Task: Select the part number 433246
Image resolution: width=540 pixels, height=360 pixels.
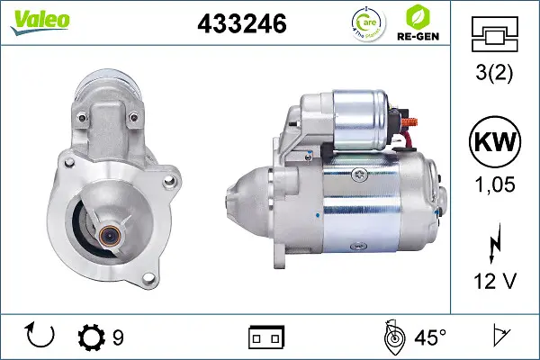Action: click(x=241, y=25)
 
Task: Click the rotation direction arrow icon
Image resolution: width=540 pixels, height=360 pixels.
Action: click(x=40, y=337)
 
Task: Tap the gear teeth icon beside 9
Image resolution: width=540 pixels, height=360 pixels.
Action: click(x=91, y=337)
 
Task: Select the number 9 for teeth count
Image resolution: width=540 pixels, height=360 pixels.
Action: click(x=118, y=337)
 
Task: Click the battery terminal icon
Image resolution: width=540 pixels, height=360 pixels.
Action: click(x=265, y=337)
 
